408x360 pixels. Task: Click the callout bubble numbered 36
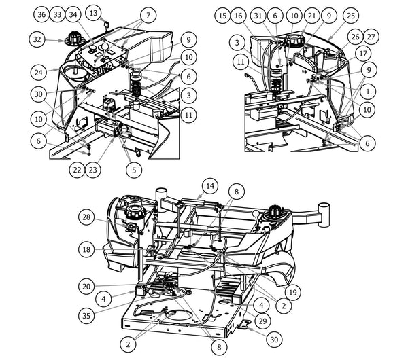(x=41, y=15)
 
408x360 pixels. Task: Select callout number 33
(x=57, y=15)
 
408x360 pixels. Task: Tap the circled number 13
(x=94, y=13)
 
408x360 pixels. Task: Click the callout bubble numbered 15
(x=222, y=15)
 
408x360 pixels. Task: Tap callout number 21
(x=311, y=15)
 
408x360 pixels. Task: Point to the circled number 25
(x=350, y=15)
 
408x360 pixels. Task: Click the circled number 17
(x=363, y=52)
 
